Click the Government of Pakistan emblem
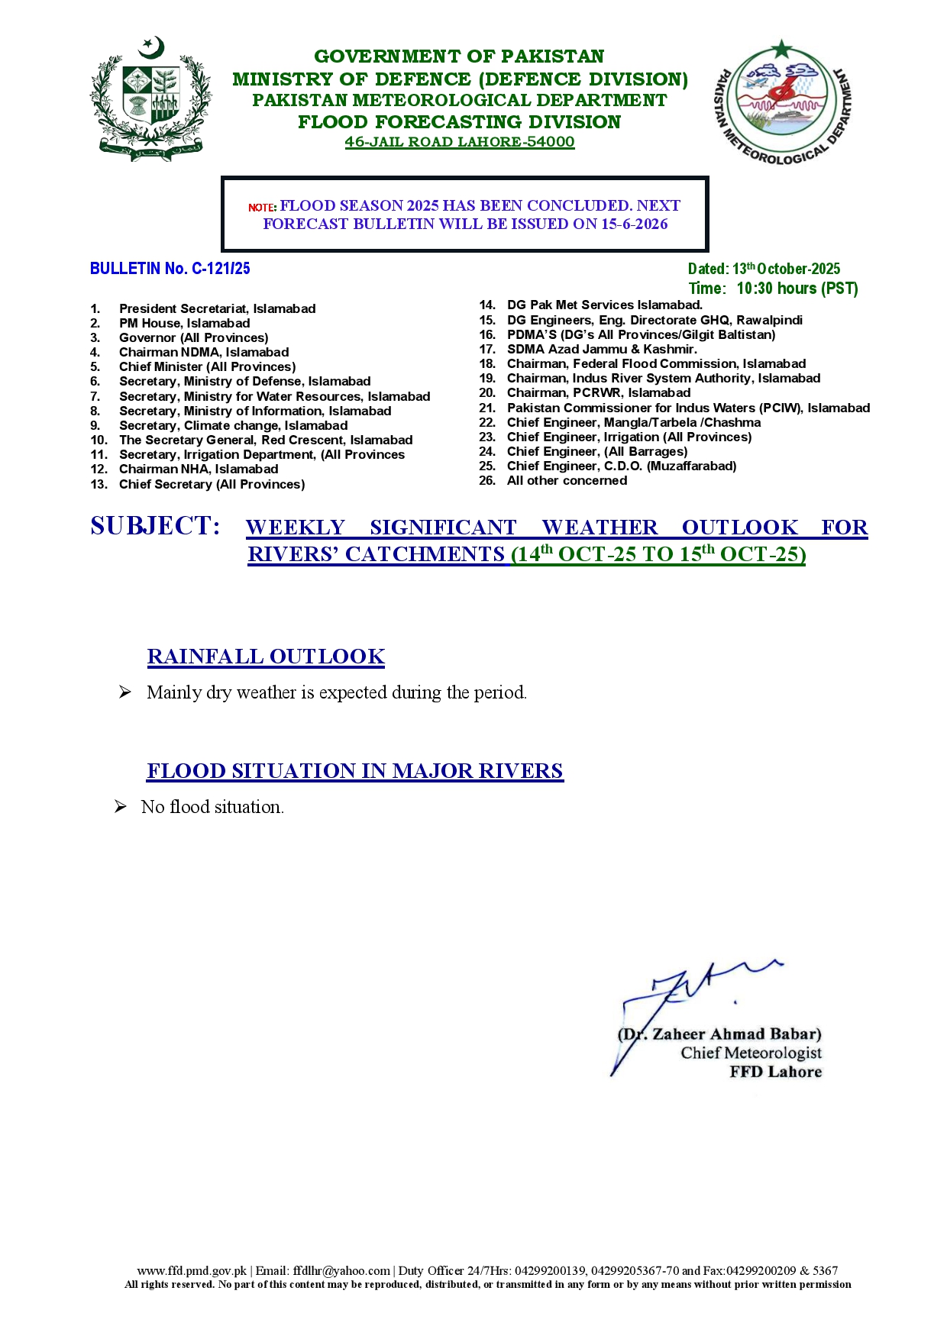pyautogui.click(x=150, y=99)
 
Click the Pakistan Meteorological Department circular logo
pyautogui.click(x=782, y=102)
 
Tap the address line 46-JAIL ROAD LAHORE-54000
pyautogui.click(x=459, y=142)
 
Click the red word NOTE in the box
pyautogui.click(x=261, y=208)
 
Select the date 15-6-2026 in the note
pyautogui.click(x=634, y=224)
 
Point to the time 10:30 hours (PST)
pyautogui.click(x=797, y=289)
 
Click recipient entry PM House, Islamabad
pyautogui.click(x=184, y=324)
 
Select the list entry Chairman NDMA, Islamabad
pyautogui.click(x=204, y=353)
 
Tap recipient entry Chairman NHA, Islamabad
pyautogui.click(x=199, y=469)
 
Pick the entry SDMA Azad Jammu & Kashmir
pyautogui.click(x=602, y=350)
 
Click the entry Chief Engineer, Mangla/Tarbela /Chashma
pyautogui.click(x=633, y=423)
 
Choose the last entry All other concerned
pyautogui.click(x=567, y=481)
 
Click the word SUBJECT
pyautogui.click(x=155, y=526)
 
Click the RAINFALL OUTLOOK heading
pyautogui.click(x=266, y=657)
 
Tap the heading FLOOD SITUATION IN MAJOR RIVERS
pyautogui.click(x=355, y=771)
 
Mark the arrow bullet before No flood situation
pyautogui.click(x=121, y=807)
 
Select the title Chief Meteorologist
pyautogui.click(x=751, y=1053)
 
